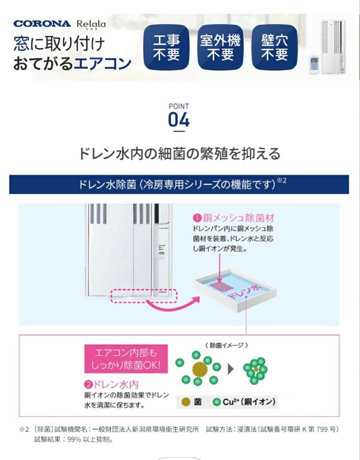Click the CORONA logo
point(42,23)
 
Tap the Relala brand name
point(91,24)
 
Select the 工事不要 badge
point(166,47)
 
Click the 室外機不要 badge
point(220,47)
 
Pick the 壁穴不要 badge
point(274,47)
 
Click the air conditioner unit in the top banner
point(334,47)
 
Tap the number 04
point(179,121)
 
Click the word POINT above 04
point(179,106)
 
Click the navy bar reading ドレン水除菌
point(179,184)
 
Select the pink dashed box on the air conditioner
point(144,296)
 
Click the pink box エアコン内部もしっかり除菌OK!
point(126,359)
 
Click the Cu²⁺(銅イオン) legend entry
point(245,402)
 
